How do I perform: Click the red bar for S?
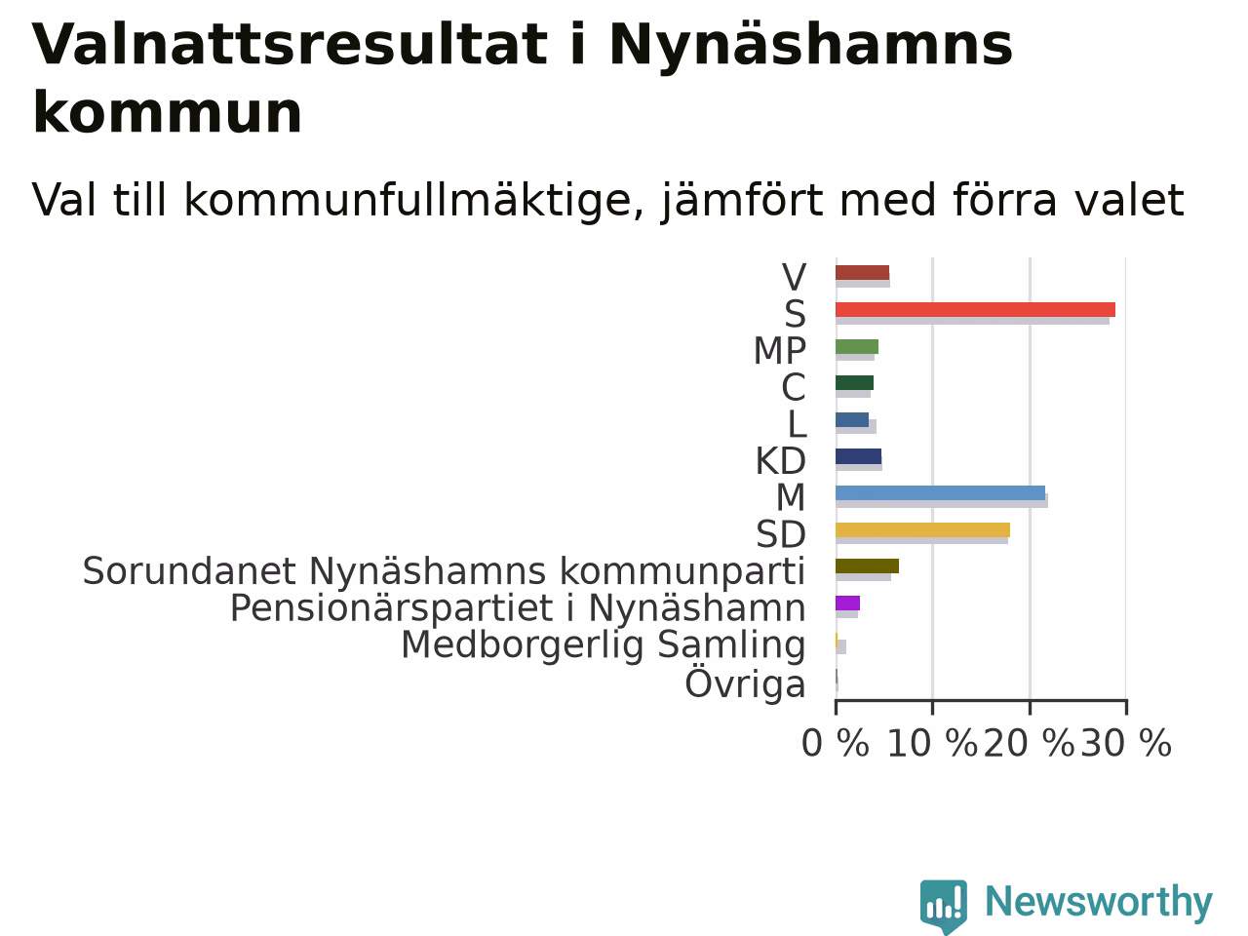[975, 309]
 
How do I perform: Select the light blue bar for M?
[941, 492]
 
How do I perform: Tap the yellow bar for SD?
[922, 529]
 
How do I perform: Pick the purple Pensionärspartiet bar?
[847, 603]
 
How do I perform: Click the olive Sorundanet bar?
[867, 566]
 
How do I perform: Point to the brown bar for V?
[863, 272]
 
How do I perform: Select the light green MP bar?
[857, 346]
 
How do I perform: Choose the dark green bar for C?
[854, 382]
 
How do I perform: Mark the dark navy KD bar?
[859, 455]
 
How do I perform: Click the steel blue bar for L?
[852, 419]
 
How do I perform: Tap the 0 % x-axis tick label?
[836, 743]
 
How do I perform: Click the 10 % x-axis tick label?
[932, 743]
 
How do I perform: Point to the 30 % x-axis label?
[1126, 743]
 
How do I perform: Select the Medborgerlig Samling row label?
[604, 645]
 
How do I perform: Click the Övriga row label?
[746, 683]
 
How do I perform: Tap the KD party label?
[781, 461]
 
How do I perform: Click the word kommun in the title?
[167, 112]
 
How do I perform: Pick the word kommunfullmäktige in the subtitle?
[414, 201]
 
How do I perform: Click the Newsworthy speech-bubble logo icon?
[943, 906]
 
